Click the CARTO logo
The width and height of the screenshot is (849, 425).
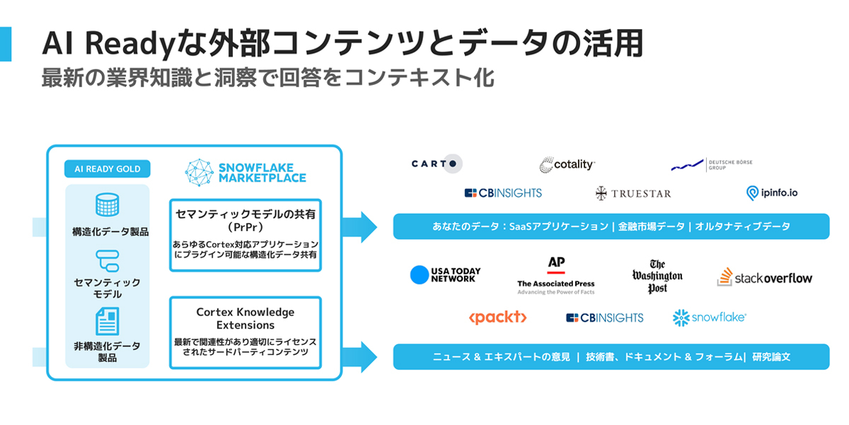(x=437, y=164)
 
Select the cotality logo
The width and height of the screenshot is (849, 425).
(x=567, y=164)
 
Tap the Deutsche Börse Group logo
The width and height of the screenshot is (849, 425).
(x=711, y=164)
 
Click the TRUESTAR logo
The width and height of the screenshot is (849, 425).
(x=633, y=193)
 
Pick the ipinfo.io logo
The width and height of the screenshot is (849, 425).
(x=771, y=192)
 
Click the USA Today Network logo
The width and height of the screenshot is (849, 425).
(x=445, y=275)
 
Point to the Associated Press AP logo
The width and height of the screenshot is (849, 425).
(x=556, y=275)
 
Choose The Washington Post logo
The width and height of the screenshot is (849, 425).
(x=657, y=277)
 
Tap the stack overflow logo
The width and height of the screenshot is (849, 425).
(x=764, y=278)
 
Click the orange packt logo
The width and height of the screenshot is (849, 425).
(x=497, y=317)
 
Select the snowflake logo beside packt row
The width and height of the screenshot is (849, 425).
(x=709, y=317)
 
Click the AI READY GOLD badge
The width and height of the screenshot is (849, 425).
(x=108, y=169)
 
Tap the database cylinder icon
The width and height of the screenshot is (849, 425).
(x=107, y=205)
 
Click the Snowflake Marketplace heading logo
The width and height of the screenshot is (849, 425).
(x=246, y=171)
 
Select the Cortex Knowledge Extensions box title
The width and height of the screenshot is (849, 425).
(x=246, y=318)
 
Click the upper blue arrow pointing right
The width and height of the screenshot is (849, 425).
(x=359, y=227)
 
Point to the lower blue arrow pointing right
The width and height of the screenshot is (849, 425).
(x=359, y=356)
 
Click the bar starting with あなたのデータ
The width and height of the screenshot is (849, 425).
(x=611, y=227)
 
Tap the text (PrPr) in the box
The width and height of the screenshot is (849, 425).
(x=246, y=227)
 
